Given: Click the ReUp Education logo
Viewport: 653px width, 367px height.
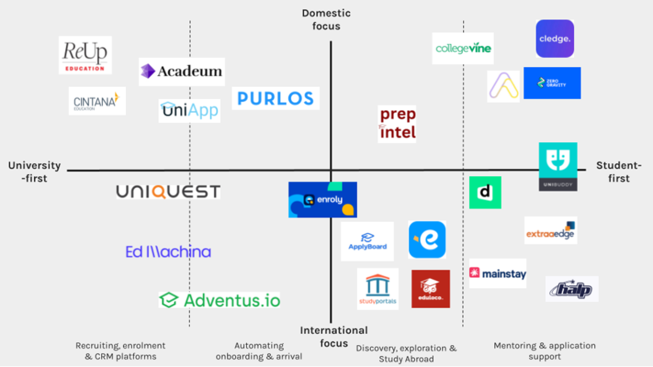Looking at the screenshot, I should click(85, 55).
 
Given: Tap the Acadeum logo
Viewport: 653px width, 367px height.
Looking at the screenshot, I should click(182, 71).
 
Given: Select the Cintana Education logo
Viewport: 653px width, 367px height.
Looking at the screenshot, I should click(97, 101).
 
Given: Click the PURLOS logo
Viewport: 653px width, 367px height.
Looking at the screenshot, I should click(276, 98).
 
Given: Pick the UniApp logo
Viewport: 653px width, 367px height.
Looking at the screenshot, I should click(189, 111).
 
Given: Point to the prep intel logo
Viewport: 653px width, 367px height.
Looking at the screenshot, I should click(397, 124).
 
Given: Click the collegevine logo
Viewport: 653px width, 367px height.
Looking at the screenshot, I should click(463, 48).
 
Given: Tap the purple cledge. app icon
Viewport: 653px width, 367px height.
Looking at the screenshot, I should click(555, 39).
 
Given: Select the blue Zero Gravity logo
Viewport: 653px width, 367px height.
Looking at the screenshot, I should click(552, 83).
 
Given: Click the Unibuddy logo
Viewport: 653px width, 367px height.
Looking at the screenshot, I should click(558, 167).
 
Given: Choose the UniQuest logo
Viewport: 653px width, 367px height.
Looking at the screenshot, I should click(168, 191).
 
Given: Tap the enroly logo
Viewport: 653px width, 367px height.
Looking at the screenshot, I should click(323, 200).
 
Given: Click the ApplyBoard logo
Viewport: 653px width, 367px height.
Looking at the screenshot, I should click(367, 242).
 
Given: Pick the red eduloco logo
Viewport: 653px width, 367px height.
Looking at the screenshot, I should click(430, 289).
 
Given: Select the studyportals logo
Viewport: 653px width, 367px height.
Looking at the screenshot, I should click(378, 289).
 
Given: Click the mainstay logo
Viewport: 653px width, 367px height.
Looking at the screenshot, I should click(498, 273).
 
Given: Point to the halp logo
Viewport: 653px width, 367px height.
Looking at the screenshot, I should click(572, 289).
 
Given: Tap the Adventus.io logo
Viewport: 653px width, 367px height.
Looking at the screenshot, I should click(219, 300).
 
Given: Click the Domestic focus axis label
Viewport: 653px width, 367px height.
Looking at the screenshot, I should click(326, 20).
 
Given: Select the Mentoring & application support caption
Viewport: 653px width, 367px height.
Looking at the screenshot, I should click(544, 351).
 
